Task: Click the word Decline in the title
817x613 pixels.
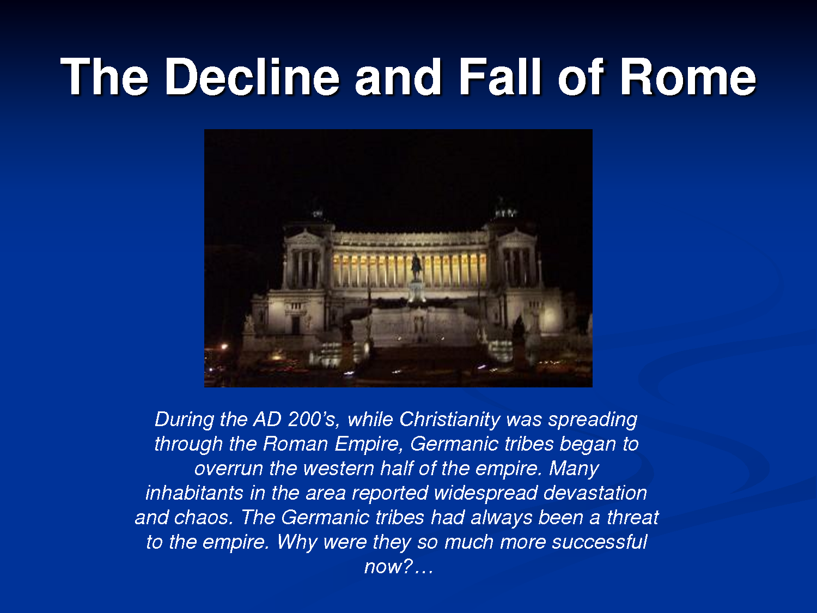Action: pyautogui.click(x=252, y=77)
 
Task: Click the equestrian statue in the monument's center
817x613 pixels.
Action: pyautogui.click(x=417, y=266)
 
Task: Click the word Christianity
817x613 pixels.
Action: pyautogui.click(x=450, y=420)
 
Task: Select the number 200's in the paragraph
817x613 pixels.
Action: pyautogui.click(x=313, y=419)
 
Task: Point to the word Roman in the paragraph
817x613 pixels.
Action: pyautogui.click(x=295, y=444)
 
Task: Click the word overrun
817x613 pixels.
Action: pyautogui.click(x=229, y=468)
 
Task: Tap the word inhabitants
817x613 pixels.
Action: pyautogui.click(x=194, y=493)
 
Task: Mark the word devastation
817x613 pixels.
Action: pyautogui.click(x=595, y=493)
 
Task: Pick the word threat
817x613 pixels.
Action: pyautogui.click(x=633, y=517)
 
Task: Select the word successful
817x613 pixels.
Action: pyautogui.click(x=599, y=542)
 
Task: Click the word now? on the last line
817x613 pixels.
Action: pyautogui.click(x=388, y=567)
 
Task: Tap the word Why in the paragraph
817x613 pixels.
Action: pyautogui.click(x=297, y=543)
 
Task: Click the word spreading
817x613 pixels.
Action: pyautogui.click(x=593, y=420)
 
